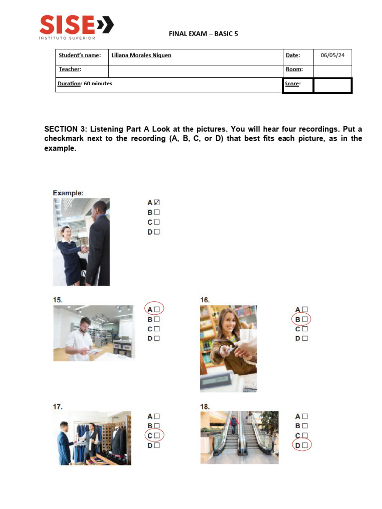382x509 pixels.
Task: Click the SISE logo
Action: click(76, 26)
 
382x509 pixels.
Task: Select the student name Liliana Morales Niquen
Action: click(141, 55)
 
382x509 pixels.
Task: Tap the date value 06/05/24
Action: click(332, 55)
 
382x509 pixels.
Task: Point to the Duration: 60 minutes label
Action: click(85, 84)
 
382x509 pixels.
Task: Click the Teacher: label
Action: click(70, 70)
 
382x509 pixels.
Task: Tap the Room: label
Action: click(293, 70)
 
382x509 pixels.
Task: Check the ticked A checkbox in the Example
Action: click(157, 203)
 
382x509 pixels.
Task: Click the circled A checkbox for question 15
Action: click(157, 309)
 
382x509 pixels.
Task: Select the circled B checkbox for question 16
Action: click(305, 319)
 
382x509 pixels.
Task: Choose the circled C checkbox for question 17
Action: click(157, 435)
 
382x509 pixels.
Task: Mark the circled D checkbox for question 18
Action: click(305, 445)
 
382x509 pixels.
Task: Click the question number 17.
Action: click(58, 406)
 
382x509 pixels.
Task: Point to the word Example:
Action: click(68, 193)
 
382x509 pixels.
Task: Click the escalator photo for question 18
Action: click(239, 437)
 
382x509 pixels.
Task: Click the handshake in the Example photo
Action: click(85, 247)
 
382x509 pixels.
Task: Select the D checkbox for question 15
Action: click(157, 339)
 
